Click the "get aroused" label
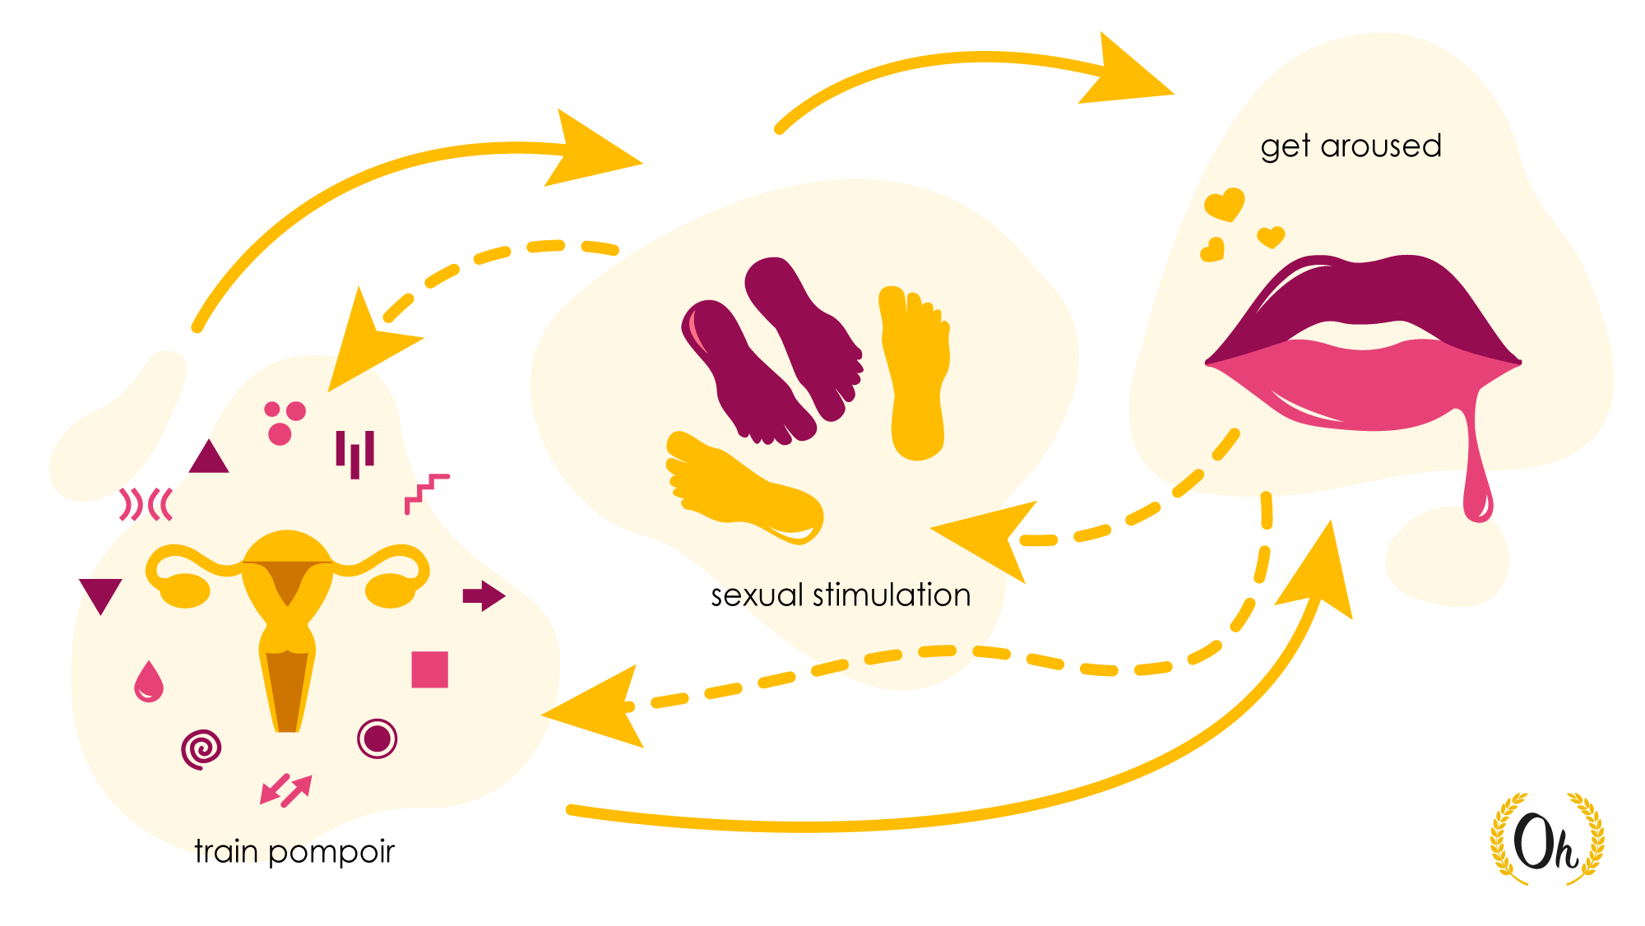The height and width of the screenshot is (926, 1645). (1351, 146)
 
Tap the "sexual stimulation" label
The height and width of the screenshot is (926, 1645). (841, 595)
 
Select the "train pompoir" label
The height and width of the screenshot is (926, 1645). (294, 851)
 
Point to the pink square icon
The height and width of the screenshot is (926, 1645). (429, 669)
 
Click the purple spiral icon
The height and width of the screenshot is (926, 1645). (202, 749)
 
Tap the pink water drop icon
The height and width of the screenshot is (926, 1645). (149, 682)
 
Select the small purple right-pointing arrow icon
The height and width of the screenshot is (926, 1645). (484, 596)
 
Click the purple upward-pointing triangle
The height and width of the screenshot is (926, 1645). (209, 458)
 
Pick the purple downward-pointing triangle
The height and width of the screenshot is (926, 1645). (100, 594)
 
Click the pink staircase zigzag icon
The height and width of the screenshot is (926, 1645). (426, 492)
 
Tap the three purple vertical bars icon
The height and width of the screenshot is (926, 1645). (355, 453)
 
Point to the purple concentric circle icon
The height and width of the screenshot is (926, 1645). (378, 738)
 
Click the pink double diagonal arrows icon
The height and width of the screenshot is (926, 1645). (285, 789)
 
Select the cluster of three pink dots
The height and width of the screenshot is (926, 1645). (283, 422)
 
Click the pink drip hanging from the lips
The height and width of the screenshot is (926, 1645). (1477, 485)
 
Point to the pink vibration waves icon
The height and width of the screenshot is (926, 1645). (146, 504)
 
